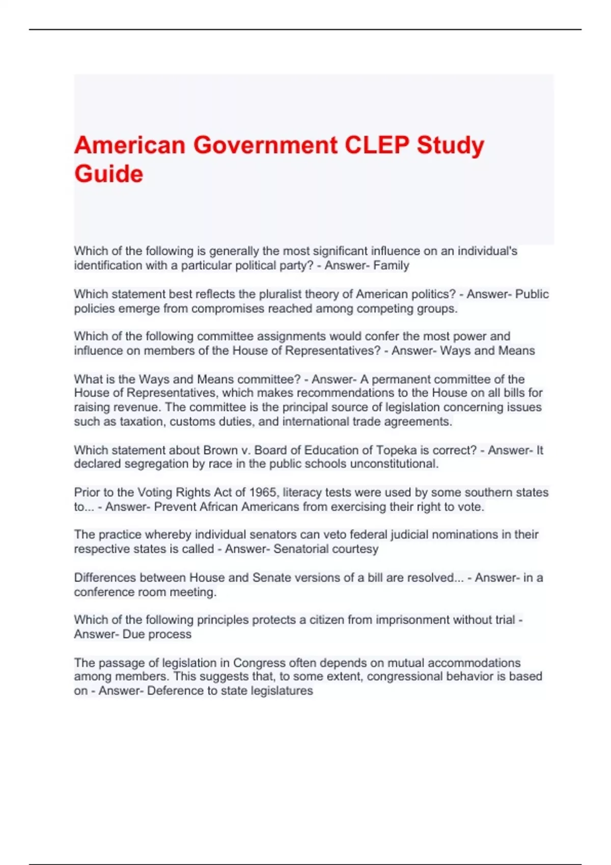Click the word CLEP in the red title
pos(377,145)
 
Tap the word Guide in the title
pos(108,174)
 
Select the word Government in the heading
pos(265,145)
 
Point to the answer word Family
pos(391,266)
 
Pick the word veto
pos(335,535)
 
